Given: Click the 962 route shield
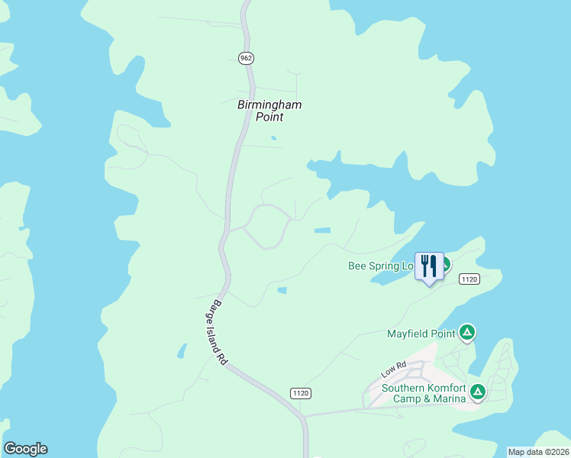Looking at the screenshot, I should [x=245, y=58].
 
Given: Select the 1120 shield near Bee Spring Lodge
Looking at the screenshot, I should [x=469, y=279].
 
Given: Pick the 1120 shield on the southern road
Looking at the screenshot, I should [x=301, y=392].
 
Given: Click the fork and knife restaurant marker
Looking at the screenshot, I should [x=428, y=266].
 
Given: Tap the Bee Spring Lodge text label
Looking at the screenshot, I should [x=380, y=266].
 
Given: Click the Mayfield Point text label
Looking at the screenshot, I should [x=421, y=333].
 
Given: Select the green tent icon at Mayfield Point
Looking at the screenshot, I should [x=467, y=333].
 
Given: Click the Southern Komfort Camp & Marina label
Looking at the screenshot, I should [x=423, y=393].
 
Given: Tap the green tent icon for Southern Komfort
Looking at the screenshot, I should [x=478, y=392].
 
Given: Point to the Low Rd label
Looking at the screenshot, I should [x=393, y=370].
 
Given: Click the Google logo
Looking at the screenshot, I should [x=25, y=449].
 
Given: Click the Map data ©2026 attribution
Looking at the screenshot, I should [x=538, y=452].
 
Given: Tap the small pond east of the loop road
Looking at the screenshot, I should [x=322, y=230].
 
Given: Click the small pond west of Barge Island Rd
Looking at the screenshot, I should [x=182, y=350].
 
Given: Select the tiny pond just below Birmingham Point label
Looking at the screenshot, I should [x=273, y=138].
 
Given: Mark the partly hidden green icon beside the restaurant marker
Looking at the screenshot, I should [x=445, y=265].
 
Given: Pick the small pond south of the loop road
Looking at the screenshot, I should [x=282, y=290].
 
